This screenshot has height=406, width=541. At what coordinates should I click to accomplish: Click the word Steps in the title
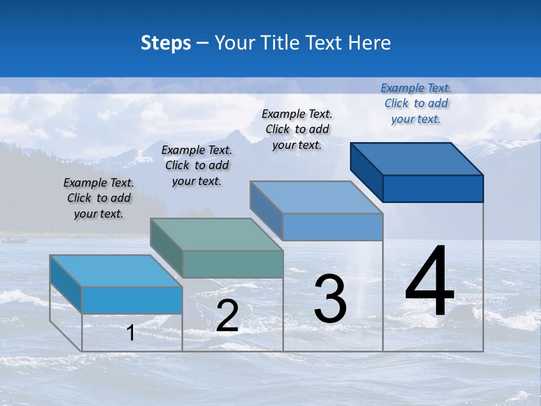point(166,43)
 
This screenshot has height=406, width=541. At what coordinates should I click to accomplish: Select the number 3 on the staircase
point(330,299)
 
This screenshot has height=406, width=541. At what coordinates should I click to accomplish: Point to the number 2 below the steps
point(227,316)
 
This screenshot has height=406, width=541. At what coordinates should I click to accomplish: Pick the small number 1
point(131,333)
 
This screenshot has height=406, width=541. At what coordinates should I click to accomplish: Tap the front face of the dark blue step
point(433,188)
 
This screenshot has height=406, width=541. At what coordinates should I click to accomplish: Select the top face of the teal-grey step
point(217,235)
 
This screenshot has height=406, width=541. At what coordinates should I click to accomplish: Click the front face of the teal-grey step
point(233,264)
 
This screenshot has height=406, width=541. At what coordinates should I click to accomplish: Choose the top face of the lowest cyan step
point(116,271)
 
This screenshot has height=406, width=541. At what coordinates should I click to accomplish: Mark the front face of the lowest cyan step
point(132,300)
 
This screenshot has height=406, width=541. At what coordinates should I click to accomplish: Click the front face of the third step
point(332,227)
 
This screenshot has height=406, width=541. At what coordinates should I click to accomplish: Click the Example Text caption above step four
point(416,103)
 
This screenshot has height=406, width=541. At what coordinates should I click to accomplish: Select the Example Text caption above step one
point(99,198)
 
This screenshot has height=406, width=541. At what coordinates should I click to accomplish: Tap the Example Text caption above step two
point(197,165)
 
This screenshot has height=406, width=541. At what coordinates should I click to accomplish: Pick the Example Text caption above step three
point(297,129)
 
